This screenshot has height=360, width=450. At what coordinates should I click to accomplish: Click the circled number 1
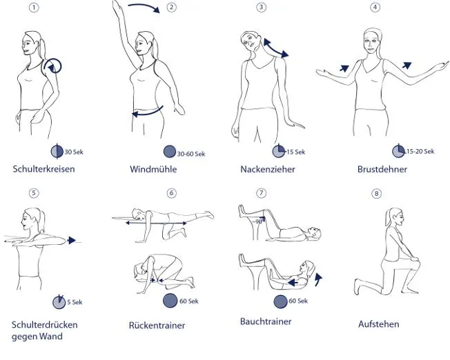34,8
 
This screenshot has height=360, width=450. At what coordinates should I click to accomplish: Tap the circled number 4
375,8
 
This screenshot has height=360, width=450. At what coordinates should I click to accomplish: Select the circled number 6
172,193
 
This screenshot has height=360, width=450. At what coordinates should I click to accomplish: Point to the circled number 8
376,193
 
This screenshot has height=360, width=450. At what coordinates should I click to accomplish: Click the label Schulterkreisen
43,169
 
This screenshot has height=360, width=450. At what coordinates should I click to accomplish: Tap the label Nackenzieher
267,169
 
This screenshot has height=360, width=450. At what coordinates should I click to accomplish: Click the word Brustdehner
382,169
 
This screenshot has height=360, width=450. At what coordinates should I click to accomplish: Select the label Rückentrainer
157,325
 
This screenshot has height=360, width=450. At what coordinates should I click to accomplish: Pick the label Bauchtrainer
266,321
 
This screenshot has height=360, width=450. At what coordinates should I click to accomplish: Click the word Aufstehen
378,324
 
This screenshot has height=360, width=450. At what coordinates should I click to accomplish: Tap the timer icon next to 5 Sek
59,302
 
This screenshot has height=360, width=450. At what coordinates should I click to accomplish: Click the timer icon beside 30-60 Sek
170,152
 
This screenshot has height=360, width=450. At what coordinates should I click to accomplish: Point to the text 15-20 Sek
420,151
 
